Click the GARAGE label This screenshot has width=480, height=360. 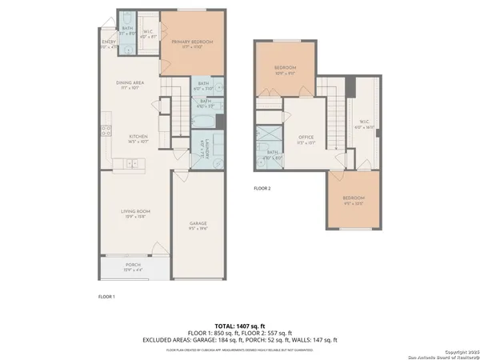pos(198,223)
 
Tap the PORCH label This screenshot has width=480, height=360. pos(134,264)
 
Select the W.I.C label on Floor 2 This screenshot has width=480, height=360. pos(364,122)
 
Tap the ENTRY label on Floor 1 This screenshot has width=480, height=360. pos(108,42)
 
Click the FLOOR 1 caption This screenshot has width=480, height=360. pos(106,297)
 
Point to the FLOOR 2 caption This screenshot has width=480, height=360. pos(262,189)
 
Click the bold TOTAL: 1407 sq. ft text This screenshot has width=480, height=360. pos(240,326)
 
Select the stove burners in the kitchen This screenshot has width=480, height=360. pos(104,132)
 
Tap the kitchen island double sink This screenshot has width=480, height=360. pos(132,164)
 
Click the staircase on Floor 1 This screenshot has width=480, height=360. pos(174,92)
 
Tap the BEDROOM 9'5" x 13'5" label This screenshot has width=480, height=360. pos(353,198)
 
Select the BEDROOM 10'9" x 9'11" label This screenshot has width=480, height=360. pos(285,69)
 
